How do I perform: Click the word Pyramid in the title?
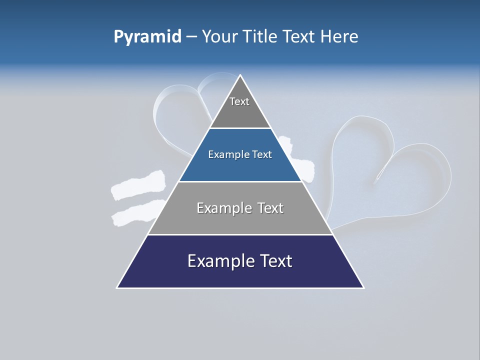tap(147, 37)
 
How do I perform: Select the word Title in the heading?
tap(260, 36)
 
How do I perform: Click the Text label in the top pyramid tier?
tap(239, 101)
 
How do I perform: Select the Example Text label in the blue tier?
tap(240, 154)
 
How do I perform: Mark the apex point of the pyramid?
tap(240, 75)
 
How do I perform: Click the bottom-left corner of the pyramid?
tap(117, 287)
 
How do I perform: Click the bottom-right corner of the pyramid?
tap(363, 287)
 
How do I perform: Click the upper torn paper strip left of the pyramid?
tap(137, 186)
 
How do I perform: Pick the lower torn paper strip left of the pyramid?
tap(135, 212)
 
